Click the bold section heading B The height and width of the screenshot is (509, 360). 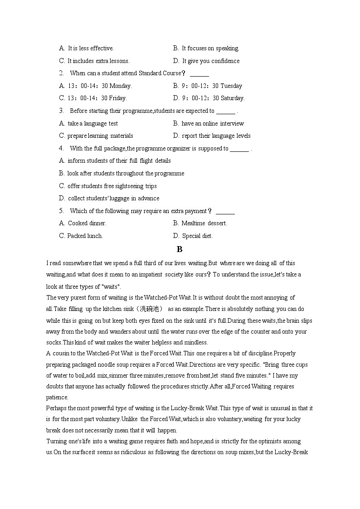(x=180, y=249)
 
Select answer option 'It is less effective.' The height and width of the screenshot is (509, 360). (x=90, y=48)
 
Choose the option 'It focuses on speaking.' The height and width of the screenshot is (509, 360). (x=210, y=48)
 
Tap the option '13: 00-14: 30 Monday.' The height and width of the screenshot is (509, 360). (x=99, y=86)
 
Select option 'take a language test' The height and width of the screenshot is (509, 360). (x=92, y=123)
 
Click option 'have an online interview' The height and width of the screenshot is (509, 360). (x=212, y=123)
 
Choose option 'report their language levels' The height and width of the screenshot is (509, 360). (x=216, y=136)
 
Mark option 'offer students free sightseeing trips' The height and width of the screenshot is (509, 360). (x=112, y=186)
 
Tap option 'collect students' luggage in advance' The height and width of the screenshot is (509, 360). (x=113, y=199)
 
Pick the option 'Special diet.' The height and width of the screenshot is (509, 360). (x=197, y=236)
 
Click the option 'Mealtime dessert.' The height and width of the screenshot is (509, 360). (x=204, y=223)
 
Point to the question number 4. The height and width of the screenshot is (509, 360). (x=61, y=148)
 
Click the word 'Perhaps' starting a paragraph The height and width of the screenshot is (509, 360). (x=56, y=408)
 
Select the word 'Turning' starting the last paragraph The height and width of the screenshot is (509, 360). (x=56, y=441)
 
